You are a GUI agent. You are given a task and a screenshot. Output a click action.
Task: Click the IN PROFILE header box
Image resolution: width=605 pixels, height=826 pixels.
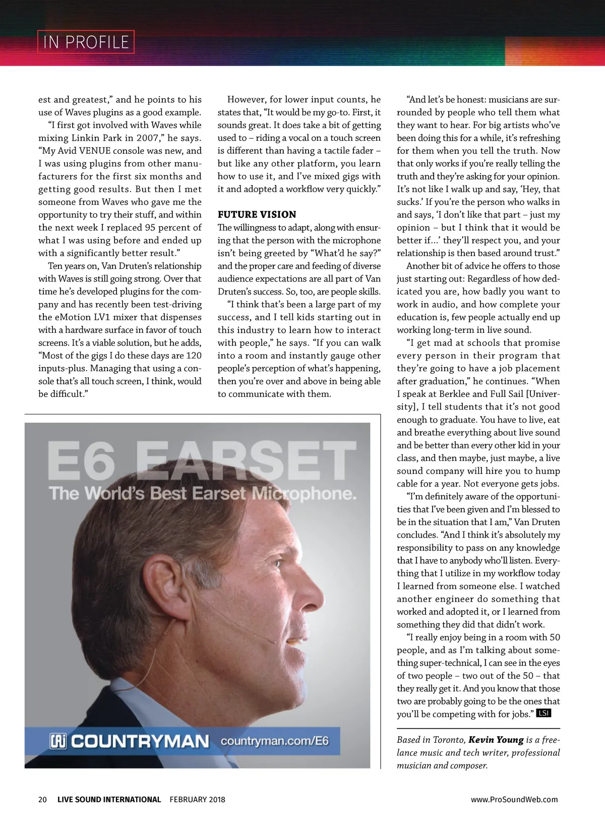coord(86,42)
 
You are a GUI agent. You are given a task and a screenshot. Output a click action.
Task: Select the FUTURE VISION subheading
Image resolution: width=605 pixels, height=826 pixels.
coord(257,214)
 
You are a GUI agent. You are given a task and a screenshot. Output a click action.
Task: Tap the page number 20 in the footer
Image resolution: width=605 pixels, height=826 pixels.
coord(42,799)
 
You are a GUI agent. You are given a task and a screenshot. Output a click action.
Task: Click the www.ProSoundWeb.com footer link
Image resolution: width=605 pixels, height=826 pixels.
coord(514,799)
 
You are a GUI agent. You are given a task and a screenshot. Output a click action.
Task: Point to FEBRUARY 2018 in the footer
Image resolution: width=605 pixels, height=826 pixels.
coord(197,799)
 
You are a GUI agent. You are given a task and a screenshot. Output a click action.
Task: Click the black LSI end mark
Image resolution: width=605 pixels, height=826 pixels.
coord(543,713)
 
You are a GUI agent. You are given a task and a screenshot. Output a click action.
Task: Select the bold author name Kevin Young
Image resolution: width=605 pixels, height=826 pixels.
coord(496,740)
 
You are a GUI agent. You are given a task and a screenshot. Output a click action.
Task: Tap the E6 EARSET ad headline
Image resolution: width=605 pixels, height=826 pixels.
coord(202,460)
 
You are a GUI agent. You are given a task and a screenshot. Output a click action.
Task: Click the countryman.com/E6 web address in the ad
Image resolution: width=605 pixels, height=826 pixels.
coord(274,741)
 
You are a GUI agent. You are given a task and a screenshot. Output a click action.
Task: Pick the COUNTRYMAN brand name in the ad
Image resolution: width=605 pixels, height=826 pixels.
coord(140,741)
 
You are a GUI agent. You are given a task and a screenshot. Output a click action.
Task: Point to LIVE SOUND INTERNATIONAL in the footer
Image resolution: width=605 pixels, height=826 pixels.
coord(109,799)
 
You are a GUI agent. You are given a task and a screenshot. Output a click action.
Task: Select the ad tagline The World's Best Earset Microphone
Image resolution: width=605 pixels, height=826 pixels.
coord(202,493)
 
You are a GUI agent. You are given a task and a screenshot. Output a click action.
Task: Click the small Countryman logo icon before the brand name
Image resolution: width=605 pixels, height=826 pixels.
coord(58,741)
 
